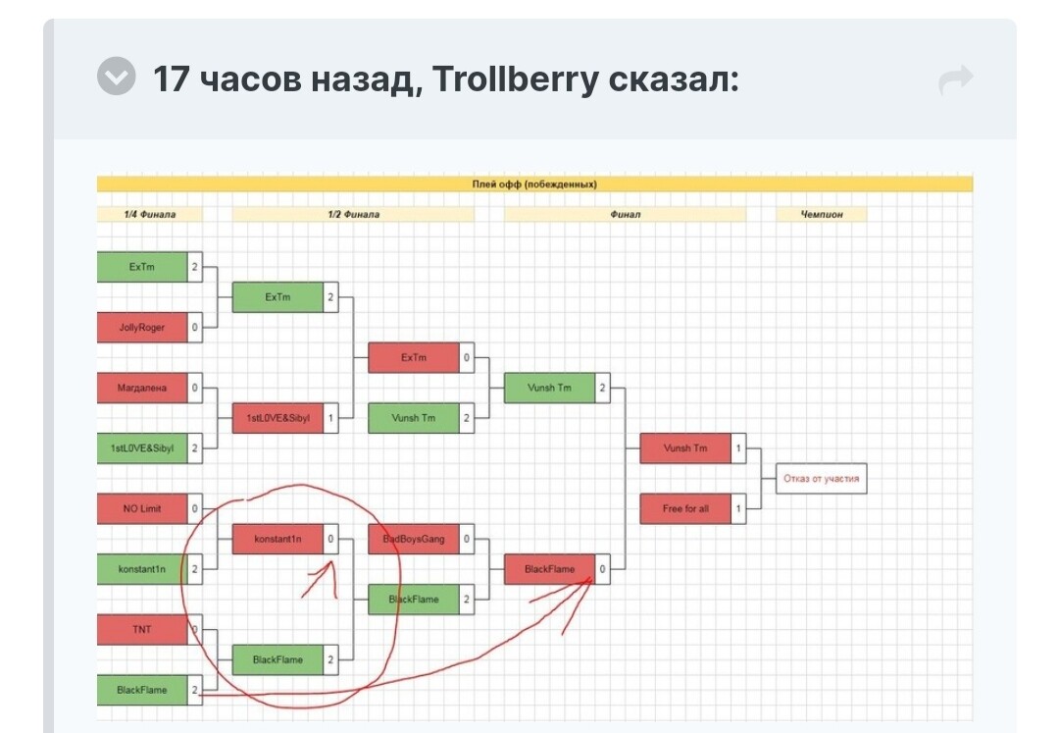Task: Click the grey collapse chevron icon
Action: [x=117, y=77]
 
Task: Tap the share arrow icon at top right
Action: [x=955, y=79]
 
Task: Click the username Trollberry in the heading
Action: [x=516, y=79]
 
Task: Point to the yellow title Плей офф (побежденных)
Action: [x=534, y=183]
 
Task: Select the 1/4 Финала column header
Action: [x=150, y=214]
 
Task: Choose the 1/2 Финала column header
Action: [x=353, y=214]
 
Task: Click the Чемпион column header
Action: [x=822, y=214]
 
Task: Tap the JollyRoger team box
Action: [x=142, y=328]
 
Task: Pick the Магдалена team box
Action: [x=142, y=388]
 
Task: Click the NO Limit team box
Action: [x=142, y=508]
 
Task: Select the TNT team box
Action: [x=142, y=629]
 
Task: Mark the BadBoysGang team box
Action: [x=414, y=539]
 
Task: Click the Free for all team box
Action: [x=685, y=508]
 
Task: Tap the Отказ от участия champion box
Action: [x=822, y=479]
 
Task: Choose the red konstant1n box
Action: [x=277, y=539]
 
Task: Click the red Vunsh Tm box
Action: [x=685, y=448]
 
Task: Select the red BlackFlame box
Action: [x=549, y=569]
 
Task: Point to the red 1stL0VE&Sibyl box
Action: [x=277, y=418]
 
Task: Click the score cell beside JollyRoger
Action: [x=194, y=328]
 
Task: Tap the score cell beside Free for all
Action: [x=738, y=508]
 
